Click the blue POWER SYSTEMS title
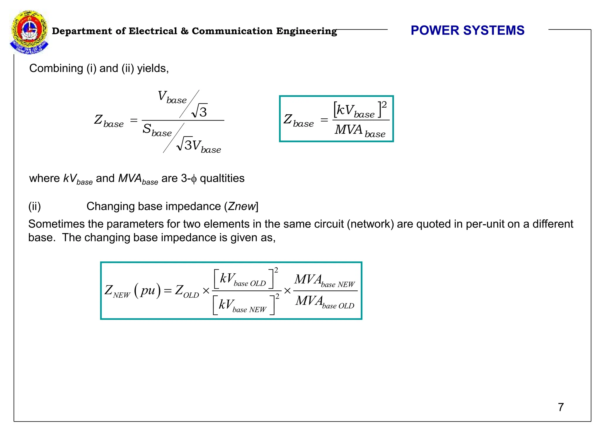(467, 30)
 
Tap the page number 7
(561, 407)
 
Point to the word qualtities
(222, 178)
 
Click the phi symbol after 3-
(194, 179)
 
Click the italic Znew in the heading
(242, 206)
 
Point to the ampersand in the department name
(184, 31)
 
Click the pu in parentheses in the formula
(148, 290)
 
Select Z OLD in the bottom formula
(187, 291)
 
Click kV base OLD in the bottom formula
(243, 279)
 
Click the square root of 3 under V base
(200, 111)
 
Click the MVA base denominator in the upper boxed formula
(360, 130)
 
